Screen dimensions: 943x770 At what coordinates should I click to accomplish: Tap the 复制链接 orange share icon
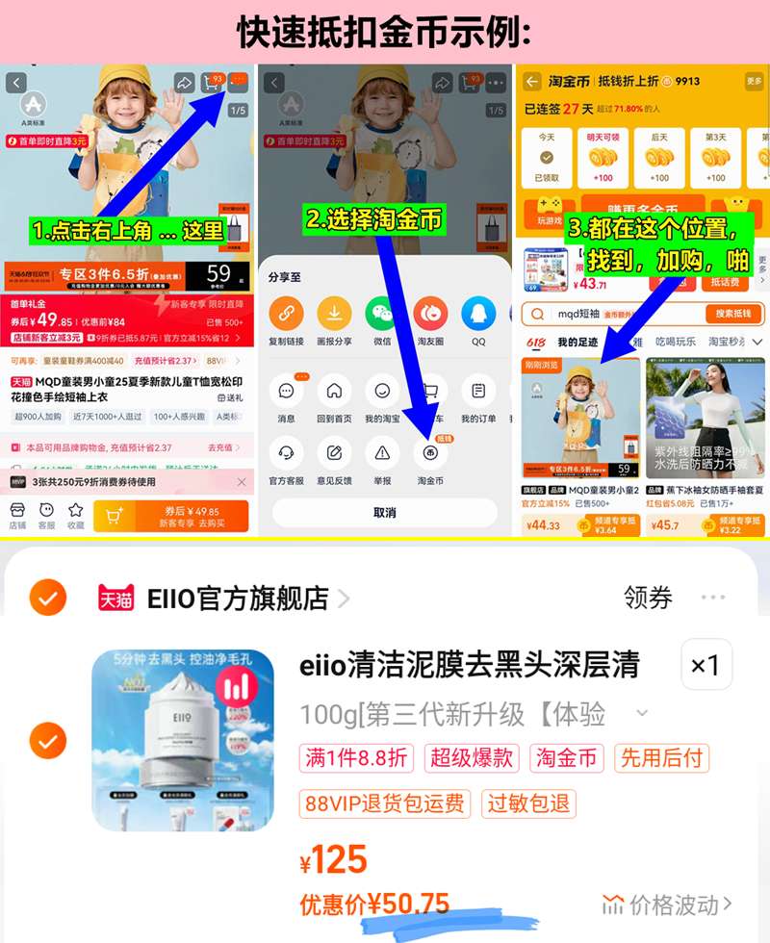coord(286,313)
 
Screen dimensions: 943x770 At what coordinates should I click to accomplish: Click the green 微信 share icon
coord(381,313)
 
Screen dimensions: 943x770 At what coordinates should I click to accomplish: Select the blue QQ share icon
coord(478,313)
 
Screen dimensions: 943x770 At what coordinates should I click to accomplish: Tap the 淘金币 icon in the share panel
coord(430,452)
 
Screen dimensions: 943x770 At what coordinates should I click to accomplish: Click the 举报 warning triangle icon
coord(382,452)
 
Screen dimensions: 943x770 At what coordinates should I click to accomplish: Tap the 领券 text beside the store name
coord(648,598)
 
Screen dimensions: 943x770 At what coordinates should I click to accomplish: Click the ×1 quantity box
coord(706,665)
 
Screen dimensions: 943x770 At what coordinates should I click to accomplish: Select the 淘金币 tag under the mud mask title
coord(566,758)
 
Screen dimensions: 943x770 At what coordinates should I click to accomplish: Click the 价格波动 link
coord(667,905)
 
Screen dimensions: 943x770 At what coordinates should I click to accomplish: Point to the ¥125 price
coord(334,858)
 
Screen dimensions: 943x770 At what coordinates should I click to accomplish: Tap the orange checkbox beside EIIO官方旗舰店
coord(47,599)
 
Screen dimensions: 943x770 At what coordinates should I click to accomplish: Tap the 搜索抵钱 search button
coord(733,314)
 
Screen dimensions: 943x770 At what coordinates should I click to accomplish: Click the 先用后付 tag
coord(660,758)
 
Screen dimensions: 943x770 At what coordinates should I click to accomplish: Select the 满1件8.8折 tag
coord(355,758)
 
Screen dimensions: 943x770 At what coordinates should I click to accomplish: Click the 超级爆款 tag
coord(473,758)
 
